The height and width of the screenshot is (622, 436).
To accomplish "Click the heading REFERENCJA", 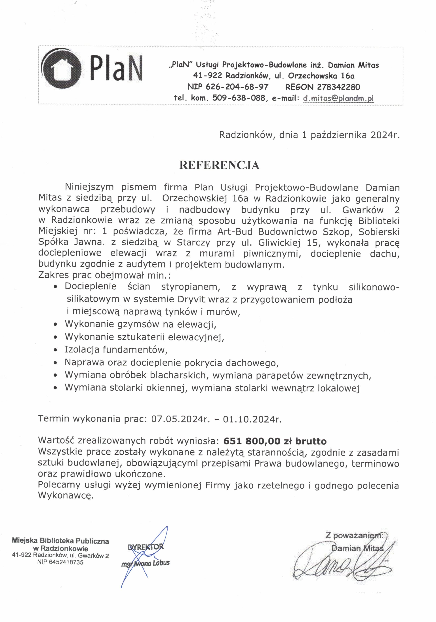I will (219, 165).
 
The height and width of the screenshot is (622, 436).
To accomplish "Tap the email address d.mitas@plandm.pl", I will (338, 98).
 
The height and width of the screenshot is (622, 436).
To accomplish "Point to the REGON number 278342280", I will (338, 87).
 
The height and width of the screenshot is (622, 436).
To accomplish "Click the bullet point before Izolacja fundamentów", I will (56, 350).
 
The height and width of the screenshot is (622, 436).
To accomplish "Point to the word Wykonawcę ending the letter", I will (66, 495).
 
